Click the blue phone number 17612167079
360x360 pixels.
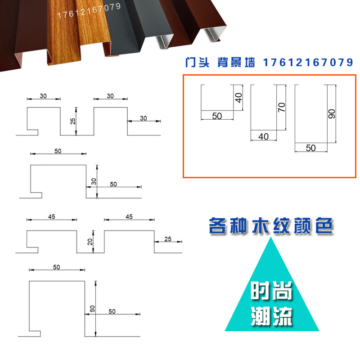(x=306, y=63)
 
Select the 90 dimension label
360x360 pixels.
(x=332, y=113)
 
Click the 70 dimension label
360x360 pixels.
(x=282, y=107)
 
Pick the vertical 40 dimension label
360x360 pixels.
(x=239, y=97)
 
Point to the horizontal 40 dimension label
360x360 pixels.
(x=263, y=136)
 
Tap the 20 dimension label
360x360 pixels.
(x=90, y=242)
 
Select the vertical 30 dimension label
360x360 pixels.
(x=94, y=181)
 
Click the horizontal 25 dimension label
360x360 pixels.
(x=168, y=238)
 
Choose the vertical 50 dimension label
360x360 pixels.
(x=92, y=309)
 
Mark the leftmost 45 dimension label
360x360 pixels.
(x=51, y=216)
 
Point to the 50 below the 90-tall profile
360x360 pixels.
(x=310, y=148)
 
